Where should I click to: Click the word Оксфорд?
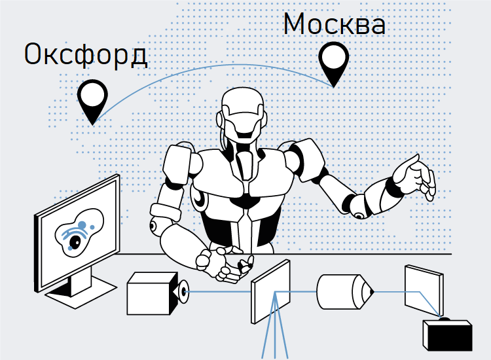pos(86,55)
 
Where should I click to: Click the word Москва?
pos(334,24)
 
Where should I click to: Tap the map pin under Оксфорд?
pos(92,98)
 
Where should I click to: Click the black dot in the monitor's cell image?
pos(74,243)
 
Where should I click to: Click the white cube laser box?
pos(150,295)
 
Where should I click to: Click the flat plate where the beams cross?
pos(270,292)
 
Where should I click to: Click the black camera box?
pos(447,335)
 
